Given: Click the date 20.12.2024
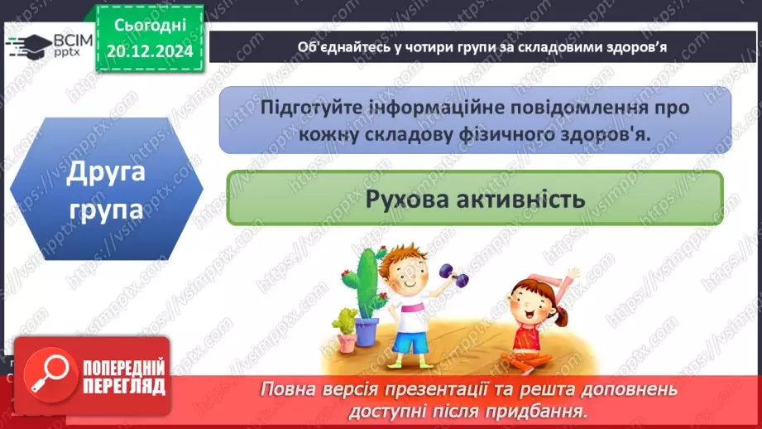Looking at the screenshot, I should [149, 51].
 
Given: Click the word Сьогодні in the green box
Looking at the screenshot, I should [149, 26].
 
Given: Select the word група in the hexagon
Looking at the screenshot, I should [105, 209].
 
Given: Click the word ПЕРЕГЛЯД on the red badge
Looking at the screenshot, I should [122, 386].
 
